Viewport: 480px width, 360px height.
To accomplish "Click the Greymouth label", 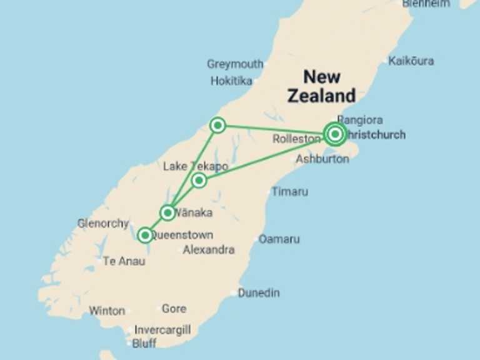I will click(x=235, y=64).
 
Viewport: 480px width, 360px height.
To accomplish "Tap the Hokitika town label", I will click(x=231, y=81).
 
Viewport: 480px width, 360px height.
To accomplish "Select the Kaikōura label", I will click(x=411, y=61).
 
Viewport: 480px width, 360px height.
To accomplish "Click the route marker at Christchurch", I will click(x=336, y=134).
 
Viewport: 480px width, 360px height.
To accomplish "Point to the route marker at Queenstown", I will click(x=145, y=236).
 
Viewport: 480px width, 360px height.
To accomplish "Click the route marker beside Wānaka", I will click(x=167, y=213).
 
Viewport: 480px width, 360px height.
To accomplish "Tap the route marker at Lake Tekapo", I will click(x=199, y=181).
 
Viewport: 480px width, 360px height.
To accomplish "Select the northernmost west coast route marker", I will click(x=217, y=126).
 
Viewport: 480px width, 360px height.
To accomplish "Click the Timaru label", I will click(x=289, y=192).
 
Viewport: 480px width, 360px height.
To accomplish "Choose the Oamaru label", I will click(x=279, y=239).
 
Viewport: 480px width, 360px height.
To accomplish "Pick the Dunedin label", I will click(x=259, y=292).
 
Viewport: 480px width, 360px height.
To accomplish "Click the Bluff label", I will click(x=144, y=343).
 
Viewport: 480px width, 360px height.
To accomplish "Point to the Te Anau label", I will click(x=124, y=261).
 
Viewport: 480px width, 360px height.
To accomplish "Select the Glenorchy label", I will click(x=103, y=223).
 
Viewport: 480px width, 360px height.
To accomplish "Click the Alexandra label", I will click(x=209, y=250).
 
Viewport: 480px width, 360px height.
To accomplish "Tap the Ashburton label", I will click(x=322, y=159).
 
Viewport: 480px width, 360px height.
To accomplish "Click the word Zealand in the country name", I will click(x=321, y=96).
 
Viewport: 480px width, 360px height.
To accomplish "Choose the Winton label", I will click(x=107, y=311).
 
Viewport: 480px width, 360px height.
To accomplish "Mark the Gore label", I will click(x=174, y=309).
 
